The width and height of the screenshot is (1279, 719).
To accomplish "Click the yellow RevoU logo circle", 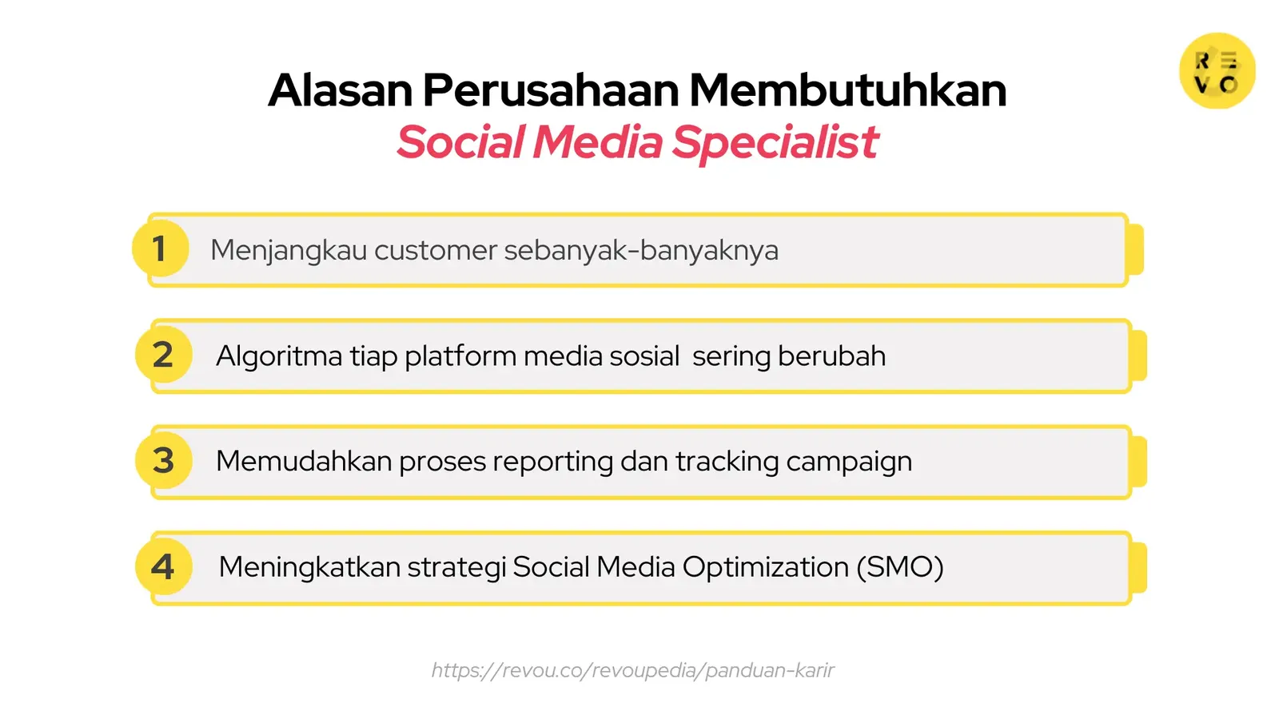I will click(x=1217, y=71).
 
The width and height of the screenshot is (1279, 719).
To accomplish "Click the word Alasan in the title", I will click(x=341, y=90).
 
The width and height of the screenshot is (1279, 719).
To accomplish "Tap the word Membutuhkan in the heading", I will click(x=847, y=90).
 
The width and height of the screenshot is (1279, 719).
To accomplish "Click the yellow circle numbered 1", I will click(x=161, y=248).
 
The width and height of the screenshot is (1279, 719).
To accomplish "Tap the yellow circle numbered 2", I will click(x=163, y=355).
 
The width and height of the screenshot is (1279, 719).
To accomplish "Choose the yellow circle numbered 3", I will click(x=163, y=460).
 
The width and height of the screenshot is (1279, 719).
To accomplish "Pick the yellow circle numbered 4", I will click(x=163, y=567).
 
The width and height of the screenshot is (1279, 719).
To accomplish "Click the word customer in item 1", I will click(x=436, y=250).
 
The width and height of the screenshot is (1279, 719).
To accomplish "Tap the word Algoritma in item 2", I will click(x=279, y=356).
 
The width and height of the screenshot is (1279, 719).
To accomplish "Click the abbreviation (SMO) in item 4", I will click(x=899, y=567).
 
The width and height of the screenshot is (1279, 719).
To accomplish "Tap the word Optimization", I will click(x=765, y=567).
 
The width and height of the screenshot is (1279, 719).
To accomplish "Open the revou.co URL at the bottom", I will click(x=632, y=670).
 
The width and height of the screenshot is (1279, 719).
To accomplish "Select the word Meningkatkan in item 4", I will click(x=309, y=567).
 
